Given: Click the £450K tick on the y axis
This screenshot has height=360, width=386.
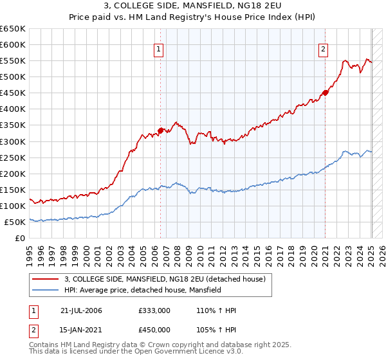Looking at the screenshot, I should coord(13,93).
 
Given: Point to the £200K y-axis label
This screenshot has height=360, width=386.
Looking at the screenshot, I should coord(13,174).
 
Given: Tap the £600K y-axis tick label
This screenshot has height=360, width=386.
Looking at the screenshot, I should coord(13,44).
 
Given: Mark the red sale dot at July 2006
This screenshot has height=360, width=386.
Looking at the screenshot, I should coord(160,130).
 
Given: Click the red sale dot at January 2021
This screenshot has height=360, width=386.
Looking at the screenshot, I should coord(326,93).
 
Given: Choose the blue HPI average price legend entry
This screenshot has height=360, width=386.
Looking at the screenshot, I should coord(142,290).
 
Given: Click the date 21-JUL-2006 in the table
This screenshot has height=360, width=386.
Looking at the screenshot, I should coord(81,310).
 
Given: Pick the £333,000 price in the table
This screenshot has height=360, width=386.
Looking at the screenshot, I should coord(154,310).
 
